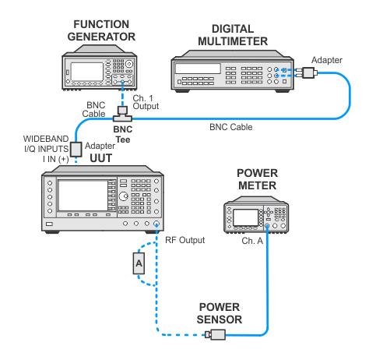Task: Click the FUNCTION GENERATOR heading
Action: [101, 30]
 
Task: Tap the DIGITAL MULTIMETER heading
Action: [233, 35]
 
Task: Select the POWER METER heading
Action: [258, 179]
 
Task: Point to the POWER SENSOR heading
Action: [220, 313]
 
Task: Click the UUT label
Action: [101, 158]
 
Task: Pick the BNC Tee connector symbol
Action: [122, 114]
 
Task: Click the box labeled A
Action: [139, 263]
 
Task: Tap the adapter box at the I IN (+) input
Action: [76, 149]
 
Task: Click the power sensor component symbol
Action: [216, 334]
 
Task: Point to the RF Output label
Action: [185, 240]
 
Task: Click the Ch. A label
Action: [252, 241]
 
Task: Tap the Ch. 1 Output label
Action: [146, 102]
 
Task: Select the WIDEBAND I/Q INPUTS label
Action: [46, 143]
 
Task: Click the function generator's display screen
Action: [87, 72]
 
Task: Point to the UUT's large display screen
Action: [83, 196]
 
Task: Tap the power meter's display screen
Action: [245, 217]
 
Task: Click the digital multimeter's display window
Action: [198, 69]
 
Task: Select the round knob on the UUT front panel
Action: [123, 196]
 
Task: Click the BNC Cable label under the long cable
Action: [231, 127]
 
